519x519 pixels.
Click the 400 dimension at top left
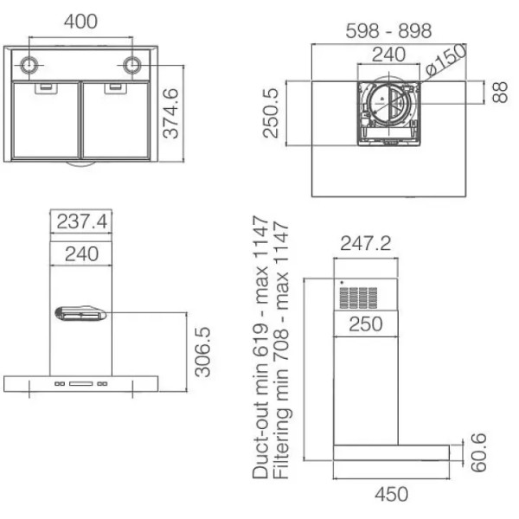[80, 22]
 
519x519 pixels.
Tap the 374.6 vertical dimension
[170, 113]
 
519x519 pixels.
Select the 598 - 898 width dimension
[388, 31]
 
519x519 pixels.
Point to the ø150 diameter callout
[446, 59]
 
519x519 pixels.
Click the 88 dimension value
[499, 93]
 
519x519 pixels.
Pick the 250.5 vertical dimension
[271, 112]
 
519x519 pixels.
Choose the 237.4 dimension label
[82, 221]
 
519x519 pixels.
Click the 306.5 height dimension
[202, 352]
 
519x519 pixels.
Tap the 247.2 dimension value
[366, 243]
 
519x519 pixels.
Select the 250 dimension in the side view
[366, 324]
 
